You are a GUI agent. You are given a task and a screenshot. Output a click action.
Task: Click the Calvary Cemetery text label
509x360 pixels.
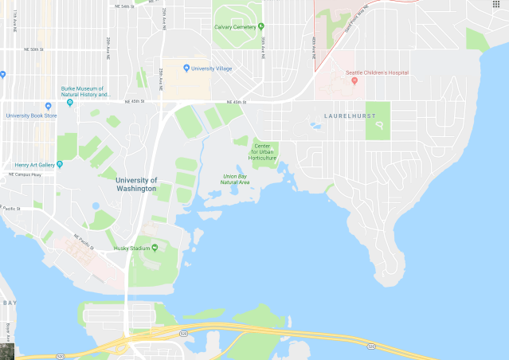(235, 27)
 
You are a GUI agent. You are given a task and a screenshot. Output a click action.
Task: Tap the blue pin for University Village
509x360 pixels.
(186, 68)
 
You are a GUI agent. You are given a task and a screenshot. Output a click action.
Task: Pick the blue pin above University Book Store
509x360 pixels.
(48, 106)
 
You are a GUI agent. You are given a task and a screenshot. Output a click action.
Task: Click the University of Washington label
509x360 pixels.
(131, 184)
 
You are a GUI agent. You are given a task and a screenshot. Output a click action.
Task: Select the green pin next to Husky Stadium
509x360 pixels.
(155, 248)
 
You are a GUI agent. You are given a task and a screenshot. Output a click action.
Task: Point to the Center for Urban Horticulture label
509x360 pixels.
(264, 151)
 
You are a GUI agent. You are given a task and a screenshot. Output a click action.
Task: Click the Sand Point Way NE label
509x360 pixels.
(358, 19)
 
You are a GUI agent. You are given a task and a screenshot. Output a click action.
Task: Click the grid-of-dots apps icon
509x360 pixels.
(496, 5)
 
